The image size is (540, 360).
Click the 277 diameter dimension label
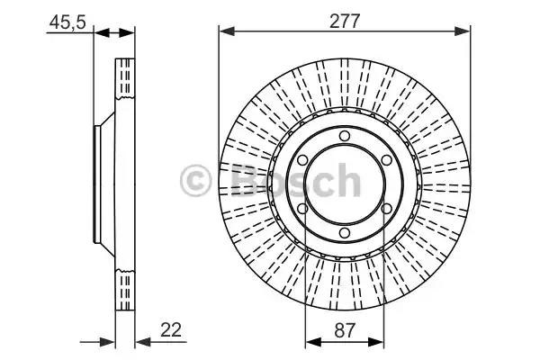point(345,21)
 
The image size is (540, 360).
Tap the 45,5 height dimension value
point(67,23)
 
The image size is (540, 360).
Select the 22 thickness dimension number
point(171,330)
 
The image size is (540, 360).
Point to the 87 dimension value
point(344,330)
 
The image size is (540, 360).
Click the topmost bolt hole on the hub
point(345,136)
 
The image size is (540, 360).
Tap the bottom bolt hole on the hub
point(345,233)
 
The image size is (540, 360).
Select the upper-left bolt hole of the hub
point(302,160)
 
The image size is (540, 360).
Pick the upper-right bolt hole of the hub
point(386,160)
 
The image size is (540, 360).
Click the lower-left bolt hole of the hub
point(302,209)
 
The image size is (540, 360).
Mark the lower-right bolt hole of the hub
point(386,209)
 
